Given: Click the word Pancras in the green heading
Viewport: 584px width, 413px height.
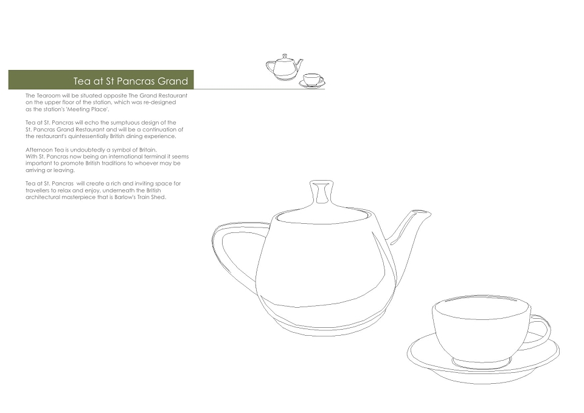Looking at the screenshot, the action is point(135,81).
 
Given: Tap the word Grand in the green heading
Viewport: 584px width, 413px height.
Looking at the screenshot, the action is point(173,81).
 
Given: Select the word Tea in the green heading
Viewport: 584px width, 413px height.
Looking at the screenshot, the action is point(80,81).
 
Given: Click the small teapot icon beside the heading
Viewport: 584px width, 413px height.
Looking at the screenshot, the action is point(285,67).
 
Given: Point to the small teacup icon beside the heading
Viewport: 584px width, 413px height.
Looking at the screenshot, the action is point(311,81).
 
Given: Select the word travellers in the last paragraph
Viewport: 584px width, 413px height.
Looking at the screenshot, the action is point(36,190).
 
